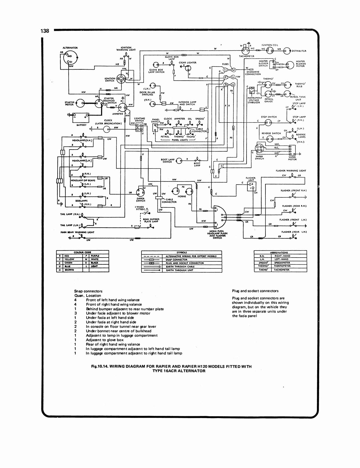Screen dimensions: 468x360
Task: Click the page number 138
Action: tap(45, 31)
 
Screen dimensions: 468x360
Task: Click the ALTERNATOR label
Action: tap(70, 48)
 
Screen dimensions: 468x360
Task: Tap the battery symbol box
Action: tap(81, 117)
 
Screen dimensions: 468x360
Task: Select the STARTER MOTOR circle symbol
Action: tap(80, 103)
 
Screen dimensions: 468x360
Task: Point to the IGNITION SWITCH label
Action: tap(110, 80)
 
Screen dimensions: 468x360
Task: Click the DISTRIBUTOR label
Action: tap(299, 51)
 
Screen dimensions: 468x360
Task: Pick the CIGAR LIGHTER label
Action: tap(188, 63)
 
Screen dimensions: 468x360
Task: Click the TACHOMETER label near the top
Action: tap(247, 56)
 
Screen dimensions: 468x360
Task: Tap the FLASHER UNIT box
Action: tap(252, 186)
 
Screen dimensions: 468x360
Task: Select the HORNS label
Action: tap(182, 196)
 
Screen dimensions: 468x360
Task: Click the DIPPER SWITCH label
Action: tap(140, 200)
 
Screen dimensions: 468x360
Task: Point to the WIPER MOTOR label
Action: tap(292, 158)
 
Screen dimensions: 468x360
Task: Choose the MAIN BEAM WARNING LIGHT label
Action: tap(77, 232)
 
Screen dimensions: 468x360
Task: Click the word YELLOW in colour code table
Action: tap(69, 259)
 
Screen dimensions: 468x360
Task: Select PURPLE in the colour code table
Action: tap(95, 256)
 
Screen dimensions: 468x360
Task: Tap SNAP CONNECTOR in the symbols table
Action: tap(176, 259)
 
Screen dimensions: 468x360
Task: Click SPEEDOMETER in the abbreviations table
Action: tap(282, 262)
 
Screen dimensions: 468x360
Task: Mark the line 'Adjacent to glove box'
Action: tap(105, 340)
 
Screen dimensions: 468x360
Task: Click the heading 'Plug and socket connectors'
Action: tap(255, 291)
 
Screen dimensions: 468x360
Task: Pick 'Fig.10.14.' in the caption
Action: tap(100, 366)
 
